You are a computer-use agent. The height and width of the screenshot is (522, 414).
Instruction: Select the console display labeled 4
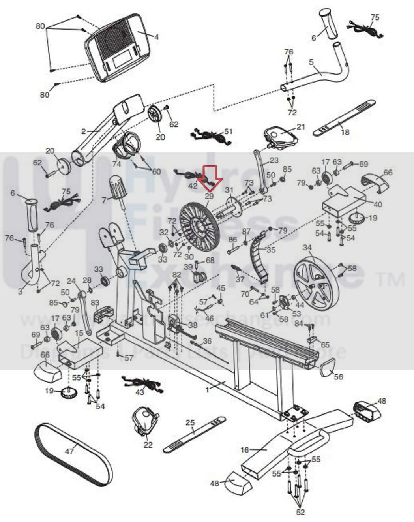tap(116, 47)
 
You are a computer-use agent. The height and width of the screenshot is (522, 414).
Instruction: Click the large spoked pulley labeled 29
tap(199, 225)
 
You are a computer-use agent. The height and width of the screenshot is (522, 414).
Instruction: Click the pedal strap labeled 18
tap(343, 118)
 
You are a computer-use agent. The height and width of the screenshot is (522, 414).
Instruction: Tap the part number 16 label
tap(245, 450)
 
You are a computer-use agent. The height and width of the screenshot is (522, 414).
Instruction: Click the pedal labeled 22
tap(145, 421)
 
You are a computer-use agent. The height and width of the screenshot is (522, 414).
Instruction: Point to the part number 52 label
tap(300, 512)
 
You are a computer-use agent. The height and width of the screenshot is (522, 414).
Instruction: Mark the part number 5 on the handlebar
tap(311, 62)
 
